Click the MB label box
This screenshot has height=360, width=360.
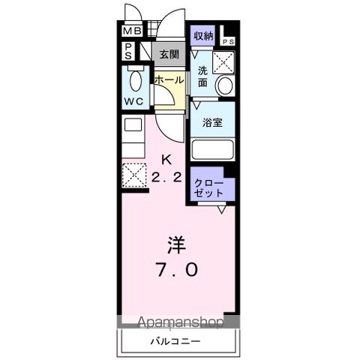[x=132, y=31]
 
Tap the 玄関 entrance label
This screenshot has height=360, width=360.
[x=169, y=53]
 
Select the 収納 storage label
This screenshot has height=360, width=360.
[x=203, y=35]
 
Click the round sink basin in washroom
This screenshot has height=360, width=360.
[x=225, y=85]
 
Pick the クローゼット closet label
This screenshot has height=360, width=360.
[x=209, y=187]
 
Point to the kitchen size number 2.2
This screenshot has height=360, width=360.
[x=168, y=177]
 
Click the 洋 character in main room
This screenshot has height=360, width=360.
[x=176, y=244]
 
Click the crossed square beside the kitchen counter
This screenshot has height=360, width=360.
[x=133, y=174]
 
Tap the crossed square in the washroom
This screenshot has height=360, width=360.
[x=223, y=61]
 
